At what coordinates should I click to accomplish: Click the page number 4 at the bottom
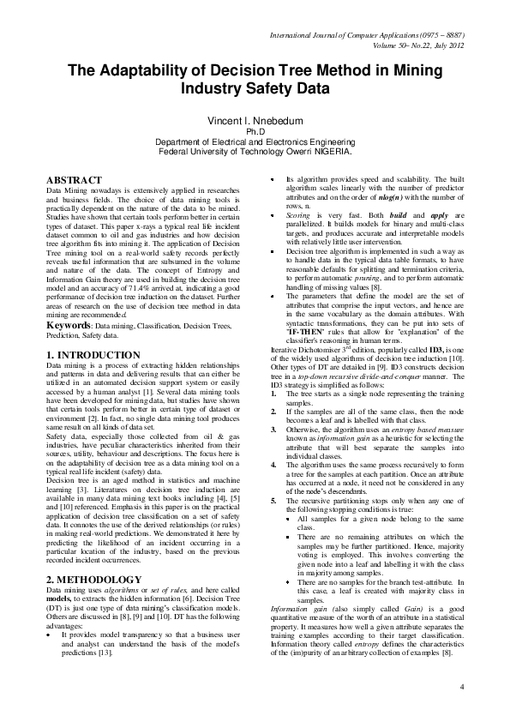coord(461,686)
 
